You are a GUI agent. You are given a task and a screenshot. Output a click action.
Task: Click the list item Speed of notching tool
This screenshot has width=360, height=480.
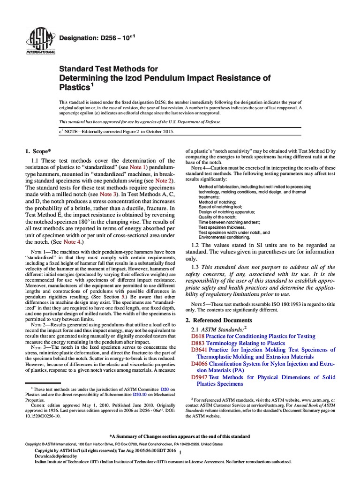[x=220, y=206]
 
